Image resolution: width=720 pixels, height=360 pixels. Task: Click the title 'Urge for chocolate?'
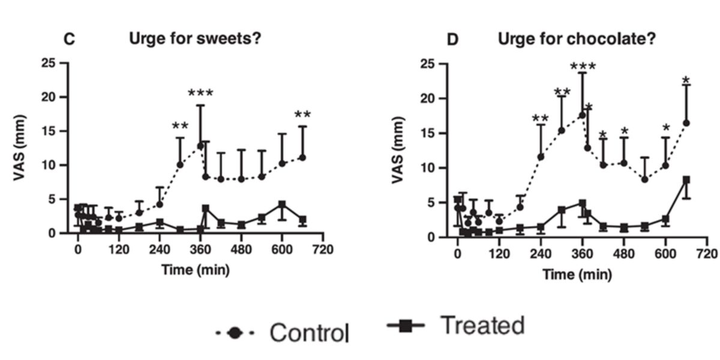577,40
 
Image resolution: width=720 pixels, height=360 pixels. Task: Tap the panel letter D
454,40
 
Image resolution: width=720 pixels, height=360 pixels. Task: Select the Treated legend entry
456,326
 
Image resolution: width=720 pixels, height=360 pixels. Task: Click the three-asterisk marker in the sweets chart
200,94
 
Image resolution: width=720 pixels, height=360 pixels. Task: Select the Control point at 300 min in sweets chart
180,164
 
